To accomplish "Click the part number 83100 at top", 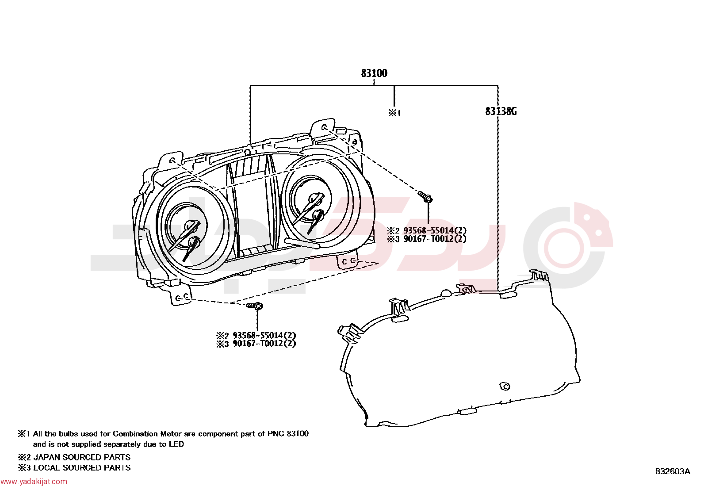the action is pyautogui.click(x=374, y=73).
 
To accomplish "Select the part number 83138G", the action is pyautogui.click(x=501, y=111).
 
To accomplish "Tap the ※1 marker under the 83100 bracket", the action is pyautogui.click(x=395, y=113).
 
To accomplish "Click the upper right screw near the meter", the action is pyautogui.click(x=425, y=197).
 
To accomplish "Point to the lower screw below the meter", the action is pyautogui.click(x=255, y=306).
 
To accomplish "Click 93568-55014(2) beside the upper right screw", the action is pyautogui.click(x=435, y=230).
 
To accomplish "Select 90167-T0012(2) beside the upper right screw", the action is pyautogui.click(x=435, y=239).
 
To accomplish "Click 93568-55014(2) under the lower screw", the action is pyautogui.click(x=264, y=335).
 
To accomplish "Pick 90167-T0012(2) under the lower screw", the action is pyautogui.click(x=264, y=344).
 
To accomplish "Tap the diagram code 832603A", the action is pyautogui.click(x=673, y=471).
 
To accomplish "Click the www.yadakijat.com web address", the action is pyautogui.click(x=34, y=482).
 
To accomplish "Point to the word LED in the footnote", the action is pyautogui.click(x=176, y=444).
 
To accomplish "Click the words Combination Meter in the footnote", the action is pyautogui.click(x=147, y=434).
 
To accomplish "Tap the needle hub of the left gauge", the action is pyautogui.click(x=190, y=226).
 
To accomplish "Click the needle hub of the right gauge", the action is pyautogui.click(x=313, y=199).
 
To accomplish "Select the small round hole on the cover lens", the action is pyautogui.click(x=505, y=386).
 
